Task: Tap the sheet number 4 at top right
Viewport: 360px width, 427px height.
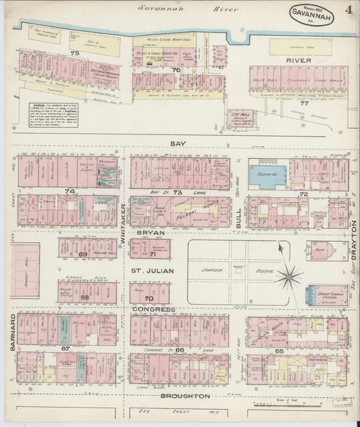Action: (x=346, y=10)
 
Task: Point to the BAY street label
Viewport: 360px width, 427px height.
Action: (x=178, y=144)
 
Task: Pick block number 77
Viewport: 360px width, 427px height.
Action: (x=303, y=103)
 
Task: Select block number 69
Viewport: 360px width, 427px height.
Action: (x=83, y=254)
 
